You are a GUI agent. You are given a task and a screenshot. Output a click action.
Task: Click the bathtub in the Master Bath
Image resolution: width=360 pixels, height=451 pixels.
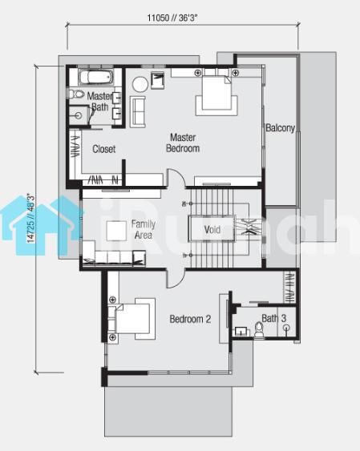(x=95, y=77)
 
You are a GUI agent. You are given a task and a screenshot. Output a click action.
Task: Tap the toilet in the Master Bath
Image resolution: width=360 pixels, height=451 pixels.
(x=75, y=94)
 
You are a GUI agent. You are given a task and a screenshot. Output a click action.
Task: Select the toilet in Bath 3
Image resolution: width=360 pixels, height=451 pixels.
(x=259, y=330)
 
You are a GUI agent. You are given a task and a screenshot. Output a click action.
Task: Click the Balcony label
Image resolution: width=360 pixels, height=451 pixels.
(x=281, y=127)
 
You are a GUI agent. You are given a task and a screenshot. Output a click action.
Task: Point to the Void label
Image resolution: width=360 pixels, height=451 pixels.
(x=212, y=230)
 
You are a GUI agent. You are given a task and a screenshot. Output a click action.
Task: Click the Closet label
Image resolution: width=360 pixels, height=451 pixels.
(x=104, y=149)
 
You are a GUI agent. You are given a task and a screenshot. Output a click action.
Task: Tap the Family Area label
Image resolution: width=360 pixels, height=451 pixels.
(x=144, y=229)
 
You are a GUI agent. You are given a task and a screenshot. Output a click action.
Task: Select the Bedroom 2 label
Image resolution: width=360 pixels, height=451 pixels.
(x=190, y=319)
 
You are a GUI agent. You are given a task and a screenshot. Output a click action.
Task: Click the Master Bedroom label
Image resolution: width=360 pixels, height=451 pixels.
(x=183, y=143)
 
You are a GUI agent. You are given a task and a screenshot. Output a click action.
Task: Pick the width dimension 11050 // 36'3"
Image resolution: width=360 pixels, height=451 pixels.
(x=172, y=18)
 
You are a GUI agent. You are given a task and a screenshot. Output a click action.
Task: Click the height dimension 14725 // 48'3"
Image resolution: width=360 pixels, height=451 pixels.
(x=30, y=219)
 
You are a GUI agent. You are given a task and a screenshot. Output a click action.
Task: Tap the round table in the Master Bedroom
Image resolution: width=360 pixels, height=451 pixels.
(x=140, y=84)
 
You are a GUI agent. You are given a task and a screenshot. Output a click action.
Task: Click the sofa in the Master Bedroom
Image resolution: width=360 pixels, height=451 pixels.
(x=138, y=111)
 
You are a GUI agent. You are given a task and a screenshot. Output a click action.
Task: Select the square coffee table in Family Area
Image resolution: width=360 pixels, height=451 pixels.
(x=116, y=231)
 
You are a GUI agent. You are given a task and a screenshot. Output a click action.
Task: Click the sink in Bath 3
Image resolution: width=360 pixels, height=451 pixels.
(x=241, y=332)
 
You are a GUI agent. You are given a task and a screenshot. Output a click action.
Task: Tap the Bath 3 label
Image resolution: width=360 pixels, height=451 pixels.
(x=273, y=318)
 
